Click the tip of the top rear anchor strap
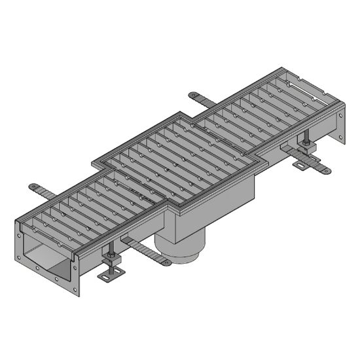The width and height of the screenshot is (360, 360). pyautogui.click(x=192, y=95)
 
